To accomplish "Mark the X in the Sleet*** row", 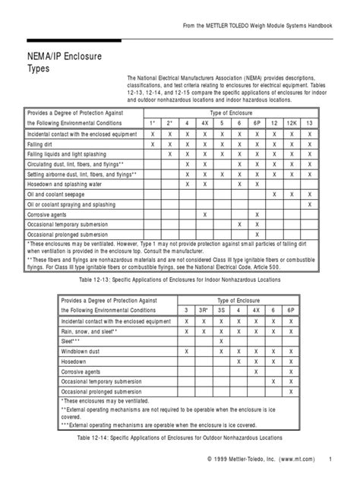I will point(220,341).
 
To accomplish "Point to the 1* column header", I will point(153,122).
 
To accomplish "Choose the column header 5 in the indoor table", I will point(222,122).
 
